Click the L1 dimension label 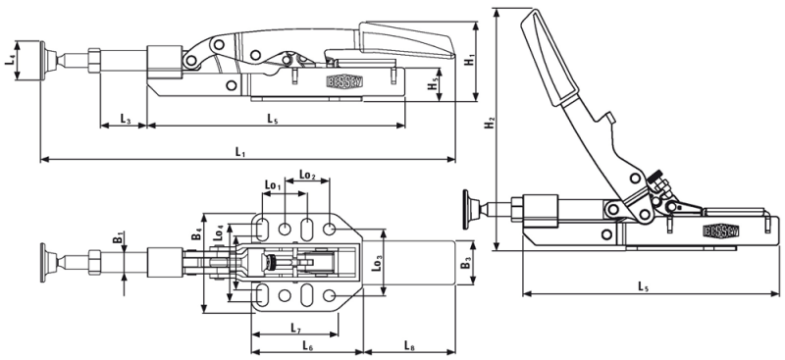coord(240,151)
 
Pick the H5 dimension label coord(434,85)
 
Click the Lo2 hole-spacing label coord(307,176)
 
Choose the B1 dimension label coord(117,237)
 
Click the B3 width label coord(466,262)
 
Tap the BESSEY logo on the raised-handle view coord(721,231)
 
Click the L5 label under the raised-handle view coord(641,286)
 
